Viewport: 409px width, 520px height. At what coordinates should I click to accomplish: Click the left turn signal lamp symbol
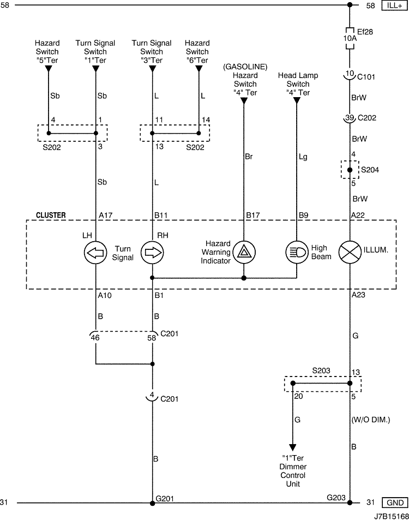click(x=95, y=253)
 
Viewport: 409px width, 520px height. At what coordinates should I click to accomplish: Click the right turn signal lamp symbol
click(x=153, y=253)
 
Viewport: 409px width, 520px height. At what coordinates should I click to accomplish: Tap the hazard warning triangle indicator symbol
click(x=244, y=253)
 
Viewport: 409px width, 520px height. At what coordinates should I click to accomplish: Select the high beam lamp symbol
click(x=297, y=253)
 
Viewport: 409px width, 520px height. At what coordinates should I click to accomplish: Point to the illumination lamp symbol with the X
click(x=350, y=253)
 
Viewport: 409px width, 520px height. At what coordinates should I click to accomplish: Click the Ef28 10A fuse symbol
click(x=350, y=38)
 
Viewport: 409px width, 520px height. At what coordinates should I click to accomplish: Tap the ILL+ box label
click(x=394, y=5)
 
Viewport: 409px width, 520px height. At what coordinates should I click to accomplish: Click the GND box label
click(x=395, y=503)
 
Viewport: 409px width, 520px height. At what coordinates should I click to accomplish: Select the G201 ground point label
click(x=165, y=498)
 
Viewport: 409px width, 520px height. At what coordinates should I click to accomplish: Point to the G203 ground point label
click(x=336, y=498)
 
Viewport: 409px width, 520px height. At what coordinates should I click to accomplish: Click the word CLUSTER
click(x=51, y=215)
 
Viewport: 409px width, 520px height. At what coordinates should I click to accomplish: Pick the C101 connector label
click(x=366, y=77)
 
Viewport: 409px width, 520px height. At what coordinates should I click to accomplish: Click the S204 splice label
click(x=370, y=170)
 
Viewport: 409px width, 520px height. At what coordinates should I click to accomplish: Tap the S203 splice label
click(x=321, y=370)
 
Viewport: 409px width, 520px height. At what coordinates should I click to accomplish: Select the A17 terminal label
click(x=105, y=215)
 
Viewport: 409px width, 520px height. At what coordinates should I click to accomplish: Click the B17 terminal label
click(x=252, y=215)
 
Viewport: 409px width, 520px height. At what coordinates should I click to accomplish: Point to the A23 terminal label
click(x=358, y=295)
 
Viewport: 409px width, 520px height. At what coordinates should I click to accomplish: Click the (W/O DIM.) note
click(x=371, y=420)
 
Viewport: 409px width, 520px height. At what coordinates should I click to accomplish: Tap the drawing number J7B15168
click(x=392, y=516)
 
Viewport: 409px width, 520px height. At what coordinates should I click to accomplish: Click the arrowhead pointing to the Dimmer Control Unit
click(x=293, y=448)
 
